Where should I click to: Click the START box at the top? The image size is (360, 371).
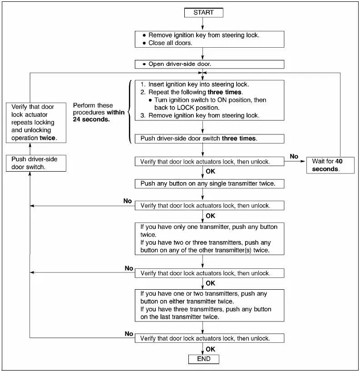[203, 12]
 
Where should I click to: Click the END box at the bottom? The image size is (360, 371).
[203, 359]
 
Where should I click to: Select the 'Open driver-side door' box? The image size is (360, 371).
[209, 64]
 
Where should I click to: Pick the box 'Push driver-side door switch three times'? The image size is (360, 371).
[209, 139]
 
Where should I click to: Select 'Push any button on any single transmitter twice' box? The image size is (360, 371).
[209, 184]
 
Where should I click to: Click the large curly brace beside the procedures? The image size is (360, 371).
[130, 112]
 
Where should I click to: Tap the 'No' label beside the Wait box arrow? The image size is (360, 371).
[294, 156]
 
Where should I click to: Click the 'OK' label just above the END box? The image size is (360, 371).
[210, 349]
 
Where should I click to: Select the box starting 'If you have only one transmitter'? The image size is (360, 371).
[209, 238]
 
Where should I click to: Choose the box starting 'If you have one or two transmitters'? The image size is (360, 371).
[209, 305]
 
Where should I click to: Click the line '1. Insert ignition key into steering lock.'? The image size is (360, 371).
[195, 84]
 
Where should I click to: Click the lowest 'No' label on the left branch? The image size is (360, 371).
[129, 334]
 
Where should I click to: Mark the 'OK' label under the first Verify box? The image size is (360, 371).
[210, 172]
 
